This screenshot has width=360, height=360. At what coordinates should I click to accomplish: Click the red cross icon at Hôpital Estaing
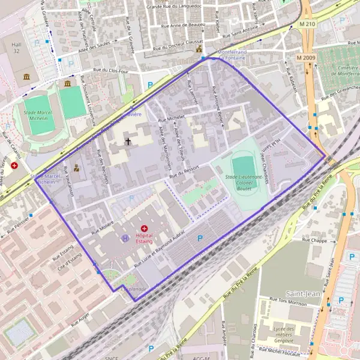tap(144, 228)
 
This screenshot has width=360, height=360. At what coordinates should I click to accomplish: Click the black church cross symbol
tap(128, 142)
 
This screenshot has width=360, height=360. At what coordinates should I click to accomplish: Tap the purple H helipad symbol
tap(125, 238)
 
